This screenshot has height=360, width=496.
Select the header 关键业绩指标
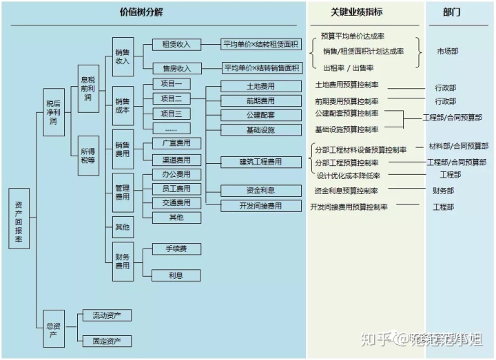356,12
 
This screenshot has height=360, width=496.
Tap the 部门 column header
452,12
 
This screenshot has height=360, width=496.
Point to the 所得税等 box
88,156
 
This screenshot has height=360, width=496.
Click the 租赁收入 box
176,45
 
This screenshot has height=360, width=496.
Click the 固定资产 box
106,341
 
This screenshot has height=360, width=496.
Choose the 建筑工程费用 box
260,162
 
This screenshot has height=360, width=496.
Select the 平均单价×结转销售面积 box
261,68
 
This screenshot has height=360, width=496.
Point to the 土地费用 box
260,87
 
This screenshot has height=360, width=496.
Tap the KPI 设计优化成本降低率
348,176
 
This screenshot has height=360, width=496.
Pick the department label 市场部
447,51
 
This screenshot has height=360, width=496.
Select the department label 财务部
443,191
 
